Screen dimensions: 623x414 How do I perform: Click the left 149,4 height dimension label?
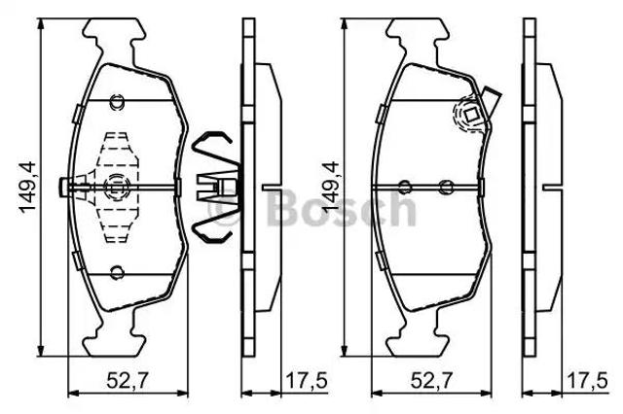(x=28, y=188)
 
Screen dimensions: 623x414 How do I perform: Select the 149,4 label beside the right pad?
(x=330, y=188)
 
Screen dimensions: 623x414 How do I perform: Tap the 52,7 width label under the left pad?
(x=128, y=381)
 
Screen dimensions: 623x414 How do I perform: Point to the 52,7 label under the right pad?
(x=431, y=381)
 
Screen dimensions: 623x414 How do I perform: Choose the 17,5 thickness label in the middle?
(x=307, y=381)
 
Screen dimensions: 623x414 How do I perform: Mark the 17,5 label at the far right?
(x=587, y=381)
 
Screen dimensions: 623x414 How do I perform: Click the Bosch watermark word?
(x=342, y=208)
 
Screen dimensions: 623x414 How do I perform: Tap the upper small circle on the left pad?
(x=117, y=102)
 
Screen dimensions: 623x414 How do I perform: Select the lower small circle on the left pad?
(x=117, y=272)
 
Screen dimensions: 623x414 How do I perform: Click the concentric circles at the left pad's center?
(x=116, y=186)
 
